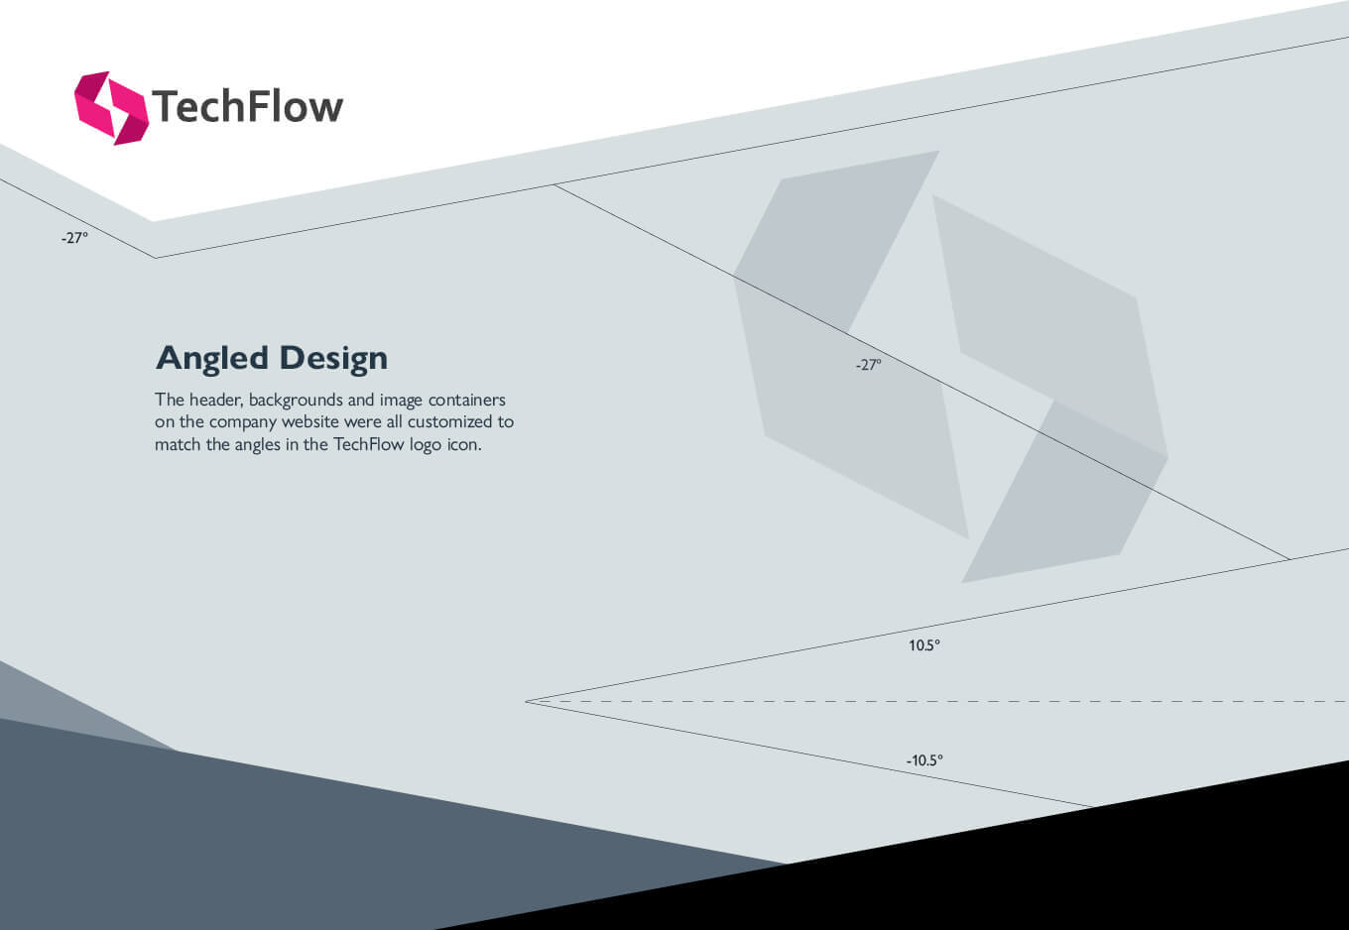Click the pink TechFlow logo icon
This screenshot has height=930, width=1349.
tap(111, 108)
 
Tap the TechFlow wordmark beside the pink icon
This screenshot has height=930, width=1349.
tap(248, 106)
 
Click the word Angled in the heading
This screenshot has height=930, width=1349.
tap(212, 359)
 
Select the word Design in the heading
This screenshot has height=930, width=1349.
tap(333, 358)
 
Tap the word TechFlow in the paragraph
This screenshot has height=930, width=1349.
tap(369, 444)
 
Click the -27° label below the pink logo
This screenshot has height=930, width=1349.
tap(74, 238)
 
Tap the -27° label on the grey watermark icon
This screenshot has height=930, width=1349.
tap(869, 364)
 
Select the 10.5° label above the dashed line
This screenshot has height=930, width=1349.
tap(924, 645)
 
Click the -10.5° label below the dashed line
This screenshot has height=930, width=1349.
tap(925, 760)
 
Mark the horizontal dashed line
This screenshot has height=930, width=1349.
tap(937, 701)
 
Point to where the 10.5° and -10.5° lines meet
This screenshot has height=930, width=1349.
tap(526, 701)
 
